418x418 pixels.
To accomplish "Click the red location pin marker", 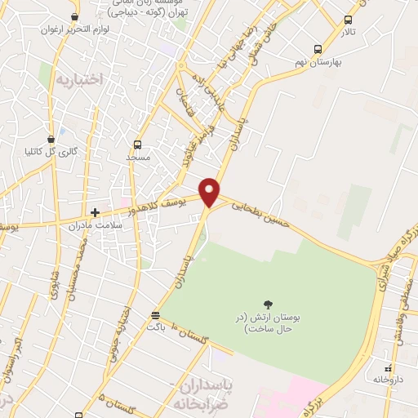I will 211,192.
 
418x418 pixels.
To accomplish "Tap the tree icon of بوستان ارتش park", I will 269,303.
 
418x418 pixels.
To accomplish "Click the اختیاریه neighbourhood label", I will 79,79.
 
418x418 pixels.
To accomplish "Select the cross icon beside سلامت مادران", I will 95,212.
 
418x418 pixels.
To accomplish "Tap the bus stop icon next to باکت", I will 155,314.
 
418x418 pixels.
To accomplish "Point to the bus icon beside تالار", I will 349,20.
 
